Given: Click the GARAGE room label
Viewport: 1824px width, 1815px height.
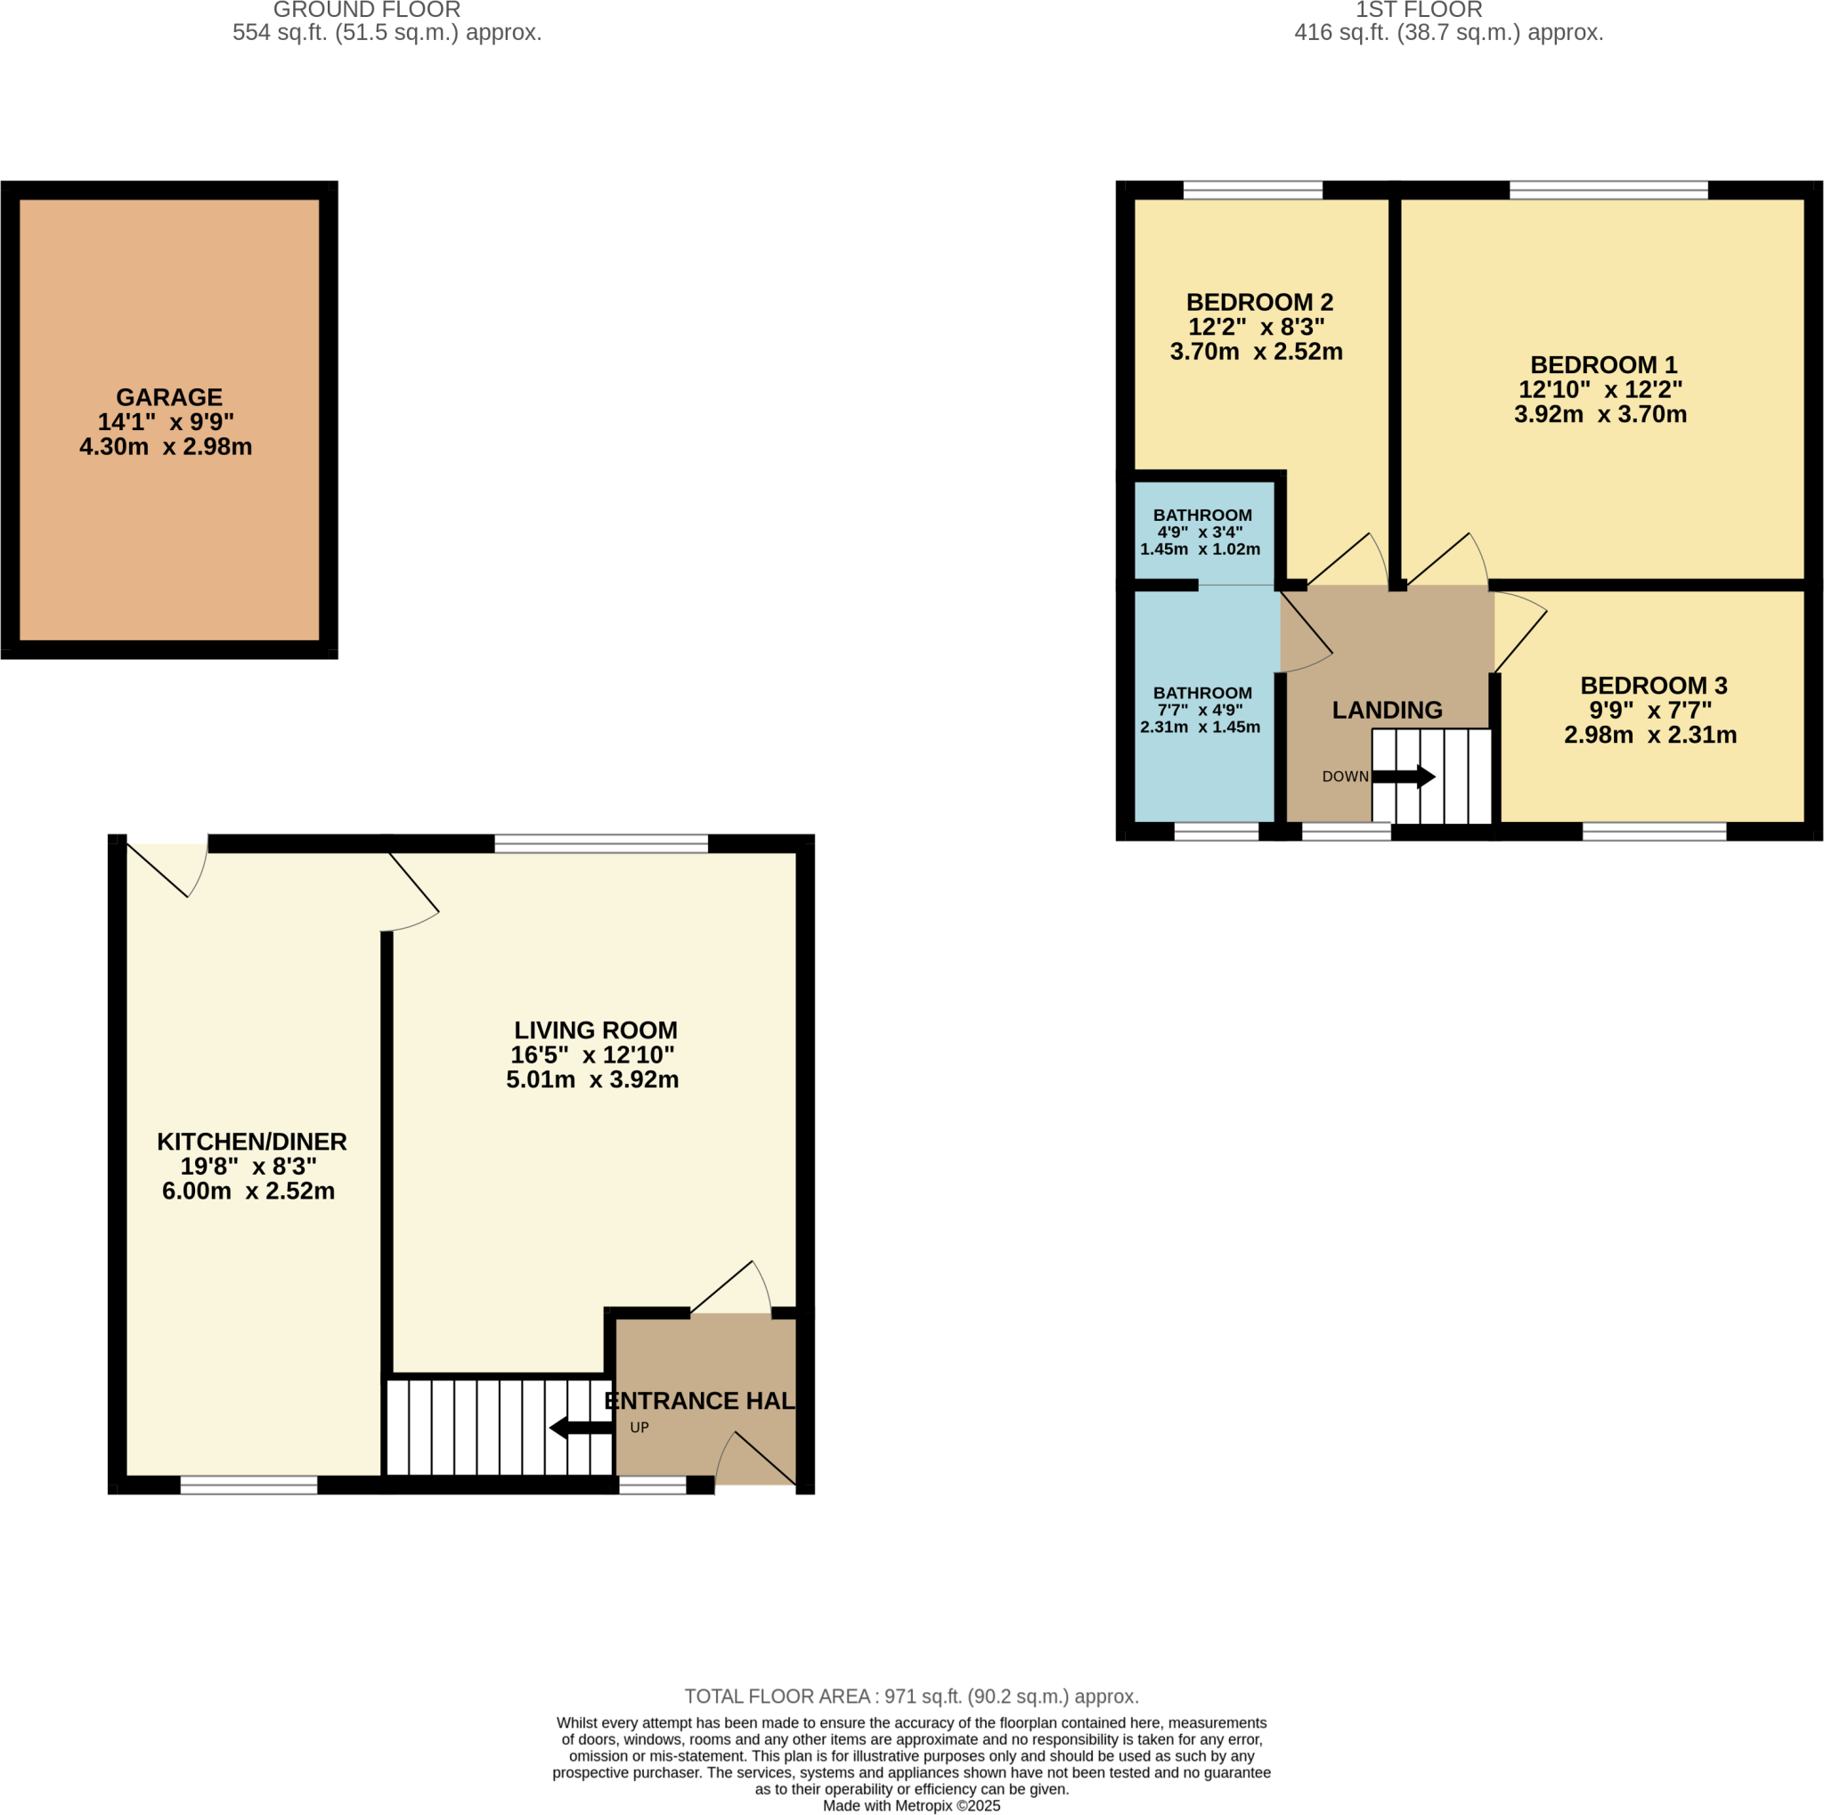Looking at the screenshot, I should [169, 397].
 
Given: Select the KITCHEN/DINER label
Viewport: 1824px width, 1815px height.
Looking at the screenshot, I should [251, 1141].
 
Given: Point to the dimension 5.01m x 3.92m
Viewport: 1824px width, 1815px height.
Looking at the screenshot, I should [592, 1079].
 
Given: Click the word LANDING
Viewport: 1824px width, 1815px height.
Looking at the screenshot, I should [1386, 710].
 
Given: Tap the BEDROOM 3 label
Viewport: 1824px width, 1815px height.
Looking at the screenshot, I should [1653, 685].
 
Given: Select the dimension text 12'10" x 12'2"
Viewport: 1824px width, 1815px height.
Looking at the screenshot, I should [1600, 389].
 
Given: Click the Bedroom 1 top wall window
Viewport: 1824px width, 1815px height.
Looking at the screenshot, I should [1608, 191].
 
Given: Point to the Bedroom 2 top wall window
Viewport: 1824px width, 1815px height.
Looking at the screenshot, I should [1252, 191].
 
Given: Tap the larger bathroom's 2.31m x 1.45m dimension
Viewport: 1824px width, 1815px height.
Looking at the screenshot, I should [1199, 727].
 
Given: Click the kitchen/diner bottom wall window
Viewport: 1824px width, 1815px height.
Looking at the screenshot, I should [248, 1485].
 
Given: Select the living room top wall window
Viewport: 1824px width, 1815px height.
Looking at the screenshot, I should [600, 843].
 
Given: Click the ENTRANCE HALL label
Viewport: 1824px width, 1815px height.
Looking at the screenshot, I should [699, 1401].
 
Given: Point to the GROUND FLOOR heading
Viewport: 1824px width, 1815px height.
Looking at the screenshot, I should [366, 11].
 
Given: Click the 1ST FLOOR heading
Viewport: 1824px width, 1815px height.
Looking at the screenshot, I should [1418, 11].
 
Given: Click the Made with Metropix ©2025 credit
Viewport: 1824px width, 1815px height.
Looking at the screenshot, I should [911, 1805].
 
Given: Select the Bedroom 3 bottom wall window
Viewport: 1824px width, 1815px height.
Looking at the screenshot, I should [1653, 832].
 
